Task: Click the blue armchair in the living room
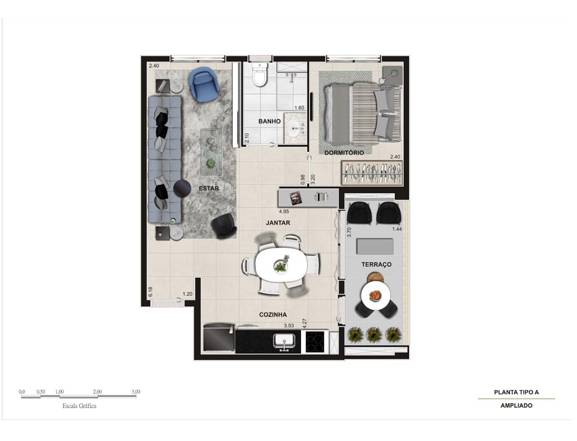[204, 84]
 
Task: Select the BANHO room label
[269, 121]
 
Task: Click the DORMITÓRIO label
[344, 152]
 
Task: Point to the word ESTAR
[209, 188]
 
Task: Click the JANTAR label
[278, 223]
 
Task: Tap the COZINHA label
[273, 314]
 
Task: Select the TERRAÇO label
[376, 264]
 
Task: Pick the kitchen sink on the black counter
[284, 341]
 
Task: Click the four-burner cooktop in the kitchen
[315, 342]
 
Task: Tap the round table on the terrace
[376, 295]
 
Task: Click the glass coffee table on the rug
[211, 152]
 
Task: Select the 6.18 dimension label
[150, 292]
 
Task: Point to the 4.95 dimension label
[284, 212]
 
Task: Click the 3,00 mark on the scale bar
[136, 392]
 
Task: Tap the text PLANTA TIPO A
[516, 392]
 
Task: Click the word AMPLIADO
[516, 406]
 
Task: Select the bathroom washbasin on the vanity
[296, 128]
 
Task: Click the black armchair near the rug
[224, 225]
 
